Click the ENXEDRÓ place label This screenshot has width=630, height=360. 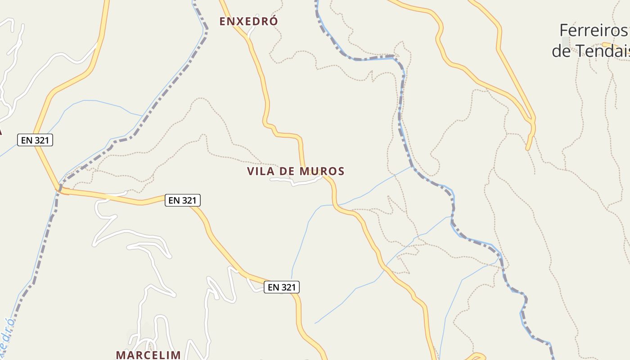(x=248, y=21)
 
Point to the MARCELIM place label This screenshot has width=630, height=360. (x=148, y=355)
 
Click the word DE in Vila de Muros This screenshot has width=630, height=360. (x=289, y=171)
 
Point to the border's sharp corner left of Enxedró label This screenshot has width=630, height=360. (x=207, y=29)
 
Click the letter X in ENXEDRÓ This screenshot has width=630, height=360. (x=238, y=21)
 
